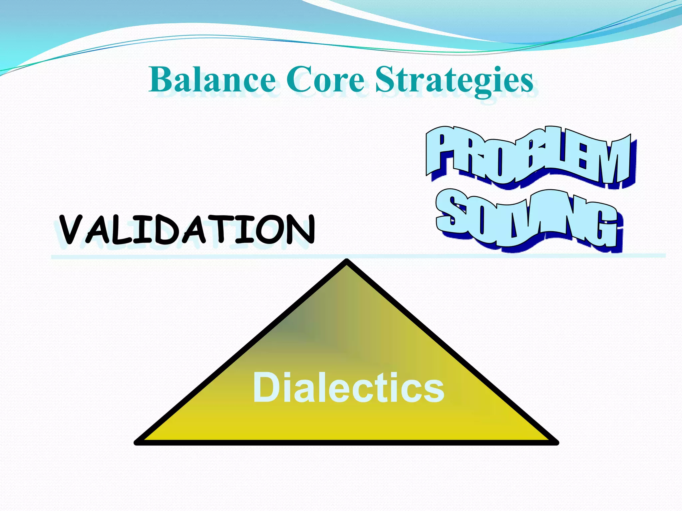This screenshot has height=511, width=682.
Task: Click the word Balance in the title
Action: (212, 80)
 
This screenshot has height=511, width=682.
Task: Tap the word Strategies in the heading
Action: (455, 80)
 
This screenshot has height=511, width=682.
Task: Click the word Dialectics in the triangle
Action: (348, 388)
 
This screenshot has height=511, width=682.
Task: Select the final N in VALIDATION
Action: (301, 230)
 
